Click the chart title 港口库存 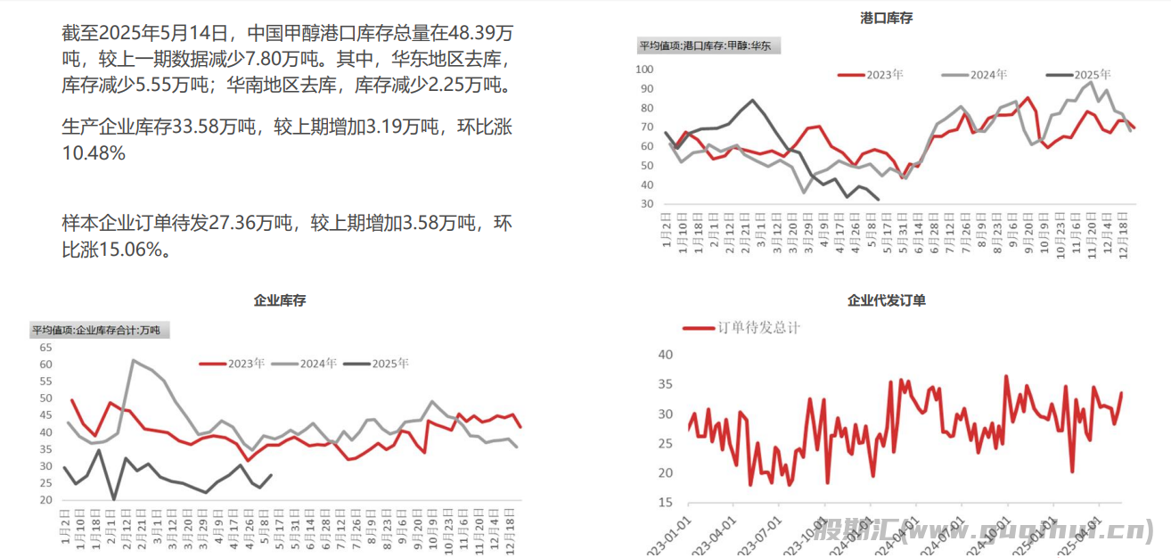click(x=886, y=18)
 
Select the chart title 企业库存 click(x=280, y=300)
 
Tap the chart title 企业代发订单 click(x=886, y=300)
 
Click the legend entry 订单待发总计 click(x=758, y=327)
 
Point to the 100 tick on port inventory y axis click(x=645, y=70)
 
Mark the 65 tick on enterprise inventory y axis click(x=45, y=348)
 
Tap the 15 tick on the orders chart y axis click(x=664, y=504)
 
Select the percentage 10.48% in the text click(x=94, y=153)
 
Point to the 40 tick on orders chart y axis click(x=664, y=355)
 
